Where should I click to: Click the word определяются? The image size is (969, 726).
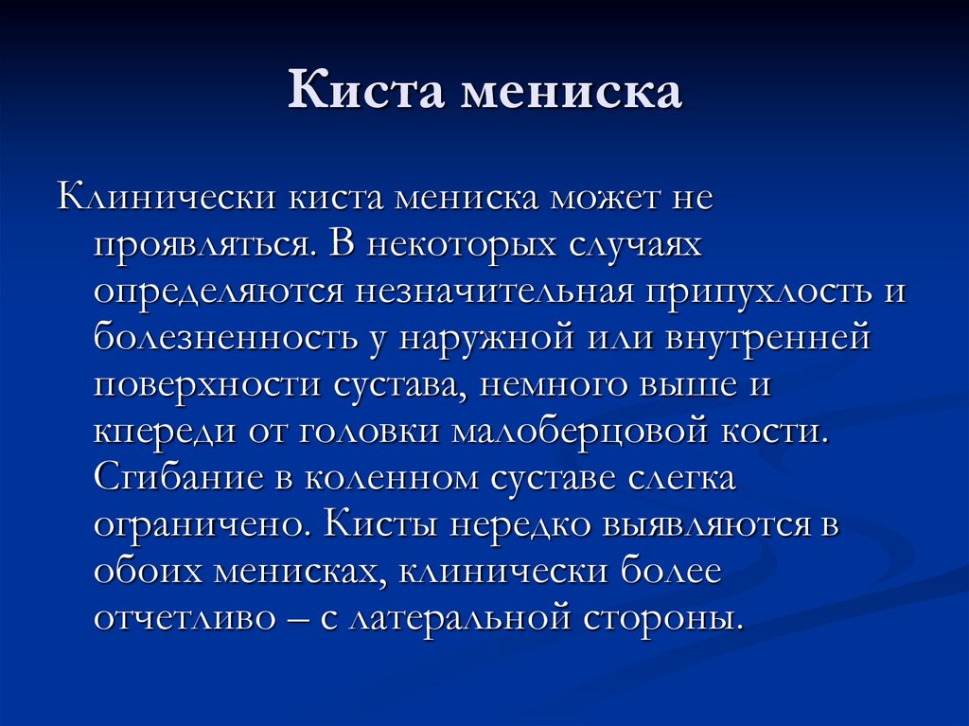(x=218, y=292)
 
